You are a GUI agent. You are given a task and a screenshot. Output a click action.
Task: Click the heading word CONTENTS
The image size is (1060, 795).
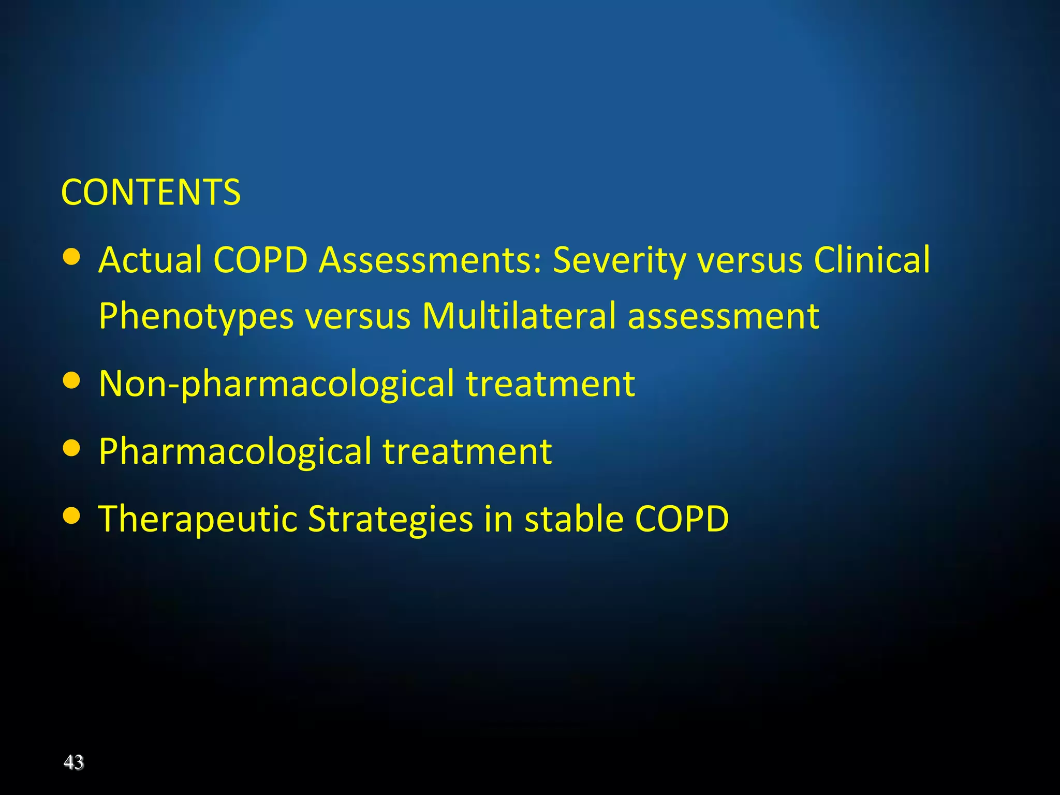click(151, 193)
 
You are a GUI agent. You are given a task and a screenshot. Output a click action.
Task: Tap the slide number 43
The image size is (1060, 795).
click(73, 762)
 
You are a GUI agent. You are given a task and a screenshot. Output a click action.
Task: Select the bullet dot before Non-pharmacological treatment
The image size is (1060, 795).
click(71, 381)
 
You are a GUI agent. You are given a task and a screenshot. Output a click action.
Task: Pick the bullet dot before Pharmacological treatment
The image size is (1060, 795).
click(71, 448)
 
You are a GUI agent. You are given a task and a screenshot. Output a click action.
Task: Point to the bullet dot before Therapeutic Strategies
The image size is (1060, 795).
click(71, 516)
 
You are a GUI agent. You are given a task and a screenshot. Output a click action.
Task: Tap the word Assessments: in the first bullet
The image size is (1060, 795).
click(430, 260)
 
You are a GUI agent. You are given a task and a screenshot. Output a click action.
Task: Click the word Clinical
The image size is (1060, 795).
click(872, 260)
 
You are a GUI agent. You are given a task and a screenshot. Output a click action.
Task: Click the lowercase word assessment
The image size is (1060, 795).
click(724, 317)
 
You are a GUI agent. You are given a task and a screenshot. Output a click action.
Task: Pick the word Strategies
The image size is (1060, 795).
click(390, 520)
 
